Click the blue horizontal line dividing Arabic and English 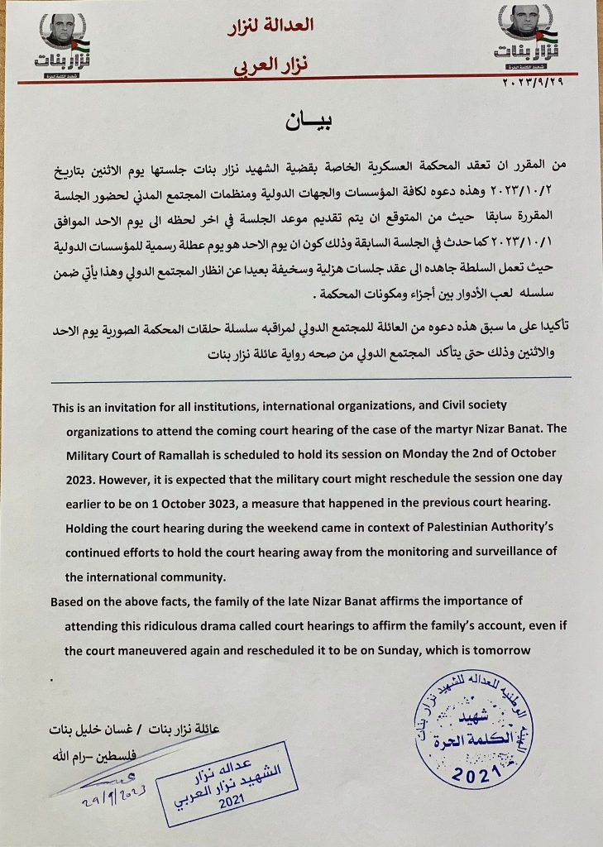coord(310,379)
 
